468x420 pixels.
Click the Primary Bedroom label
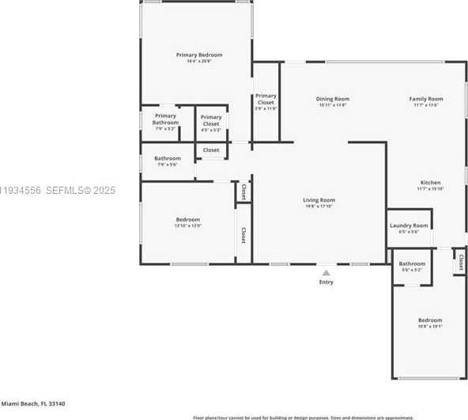(x=199, y=55)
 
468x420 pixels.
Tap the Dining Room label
(x=333, y=99)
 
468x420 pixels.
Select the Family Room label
(x=425, y=99)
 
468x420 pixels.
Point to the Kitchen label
(x=430, y=183)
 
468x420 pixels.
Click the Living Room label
(x=319, y=200)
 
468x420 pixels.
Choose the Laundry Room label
(x=409, y=225)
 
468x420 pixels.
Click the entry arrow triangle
(x=326, y=273)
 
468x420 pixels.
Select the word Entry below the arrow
(x=326, y=282)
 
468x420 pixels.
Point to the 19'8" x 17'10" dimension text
(x=319, y=206)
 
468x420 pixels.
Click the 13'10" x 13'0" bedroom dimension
(x=188, y=225)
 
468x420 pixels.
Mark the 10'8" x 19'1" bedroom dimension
(x=430, y=326)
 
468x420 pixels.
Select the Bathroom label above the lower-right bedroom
(x=412, y=263)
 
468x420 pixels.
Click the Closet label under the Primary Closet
(x=211, y=149)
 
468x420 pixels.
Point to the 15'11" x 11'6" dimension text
(x=333, y=105)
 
